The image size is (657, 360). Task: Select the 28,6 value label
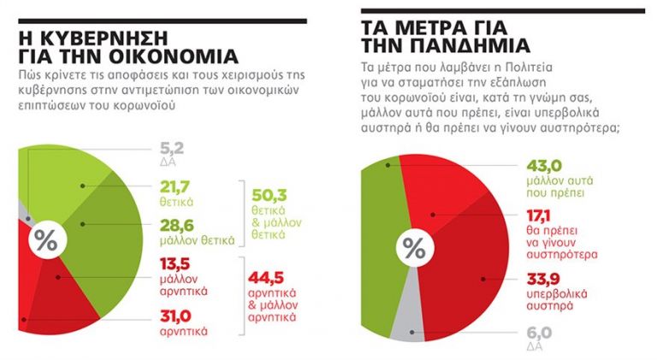174,227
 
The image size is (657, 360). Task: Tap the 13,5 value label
174,265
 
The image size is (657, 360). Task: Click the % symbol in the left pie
44,242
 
